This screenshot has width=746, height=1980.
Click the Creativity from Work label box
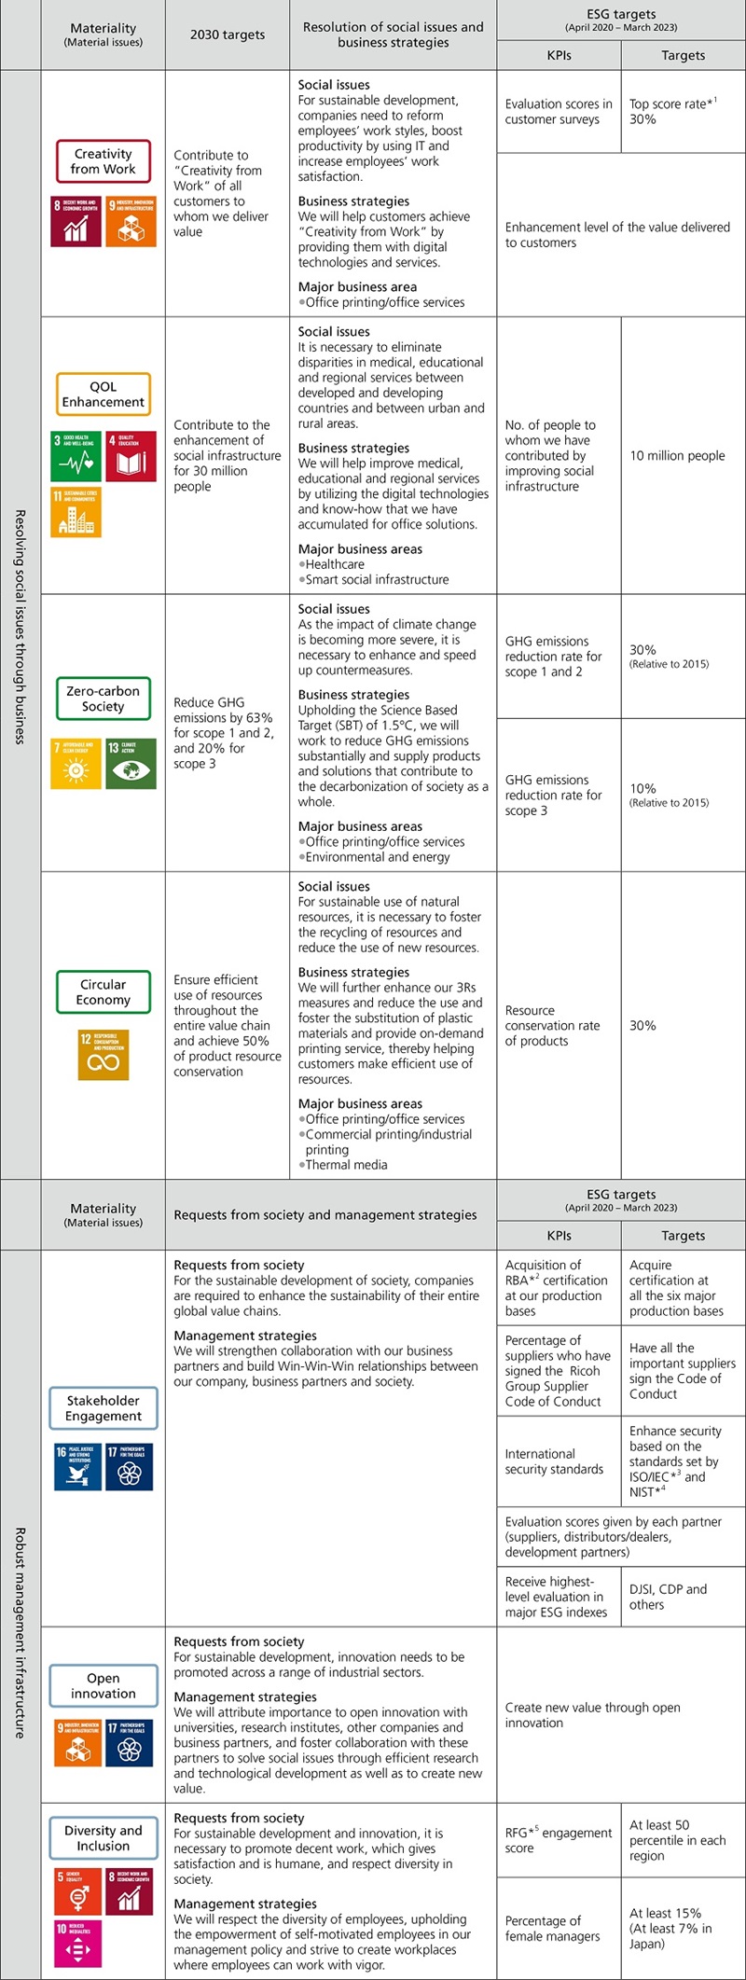(103, 161)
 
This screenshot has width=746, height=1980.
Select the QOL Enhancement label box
(103, 395)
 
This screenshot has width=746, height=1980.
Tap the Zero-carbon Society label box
(103, 699)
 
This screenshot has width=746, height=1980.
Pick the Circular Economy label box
(103, 992)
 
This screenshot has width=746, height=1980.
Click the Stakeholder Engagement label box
(103, 1408)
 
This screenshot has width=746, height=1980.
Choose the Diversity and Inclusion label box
(103, 1837)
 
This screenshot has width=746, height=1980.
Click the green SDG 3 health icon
(76, 456)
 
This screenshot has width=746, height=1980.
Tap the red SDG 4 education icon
(131, 456)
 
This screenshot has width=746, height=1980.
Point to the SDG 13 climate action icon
(131, 764)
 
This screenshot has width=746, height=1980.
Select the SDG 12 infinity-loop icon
(103, 1055)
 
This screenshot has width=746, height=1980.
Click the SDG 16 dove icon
(76, 1467)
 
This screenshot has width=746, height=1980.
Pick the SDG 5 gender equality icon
(76, 1890)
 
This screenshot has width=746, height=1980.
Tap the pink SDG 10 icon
(76, 1943)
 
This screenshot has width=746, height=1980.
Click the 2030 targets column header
(228, 35)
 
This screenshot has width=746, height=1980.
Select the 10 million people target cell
(677, 456)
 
